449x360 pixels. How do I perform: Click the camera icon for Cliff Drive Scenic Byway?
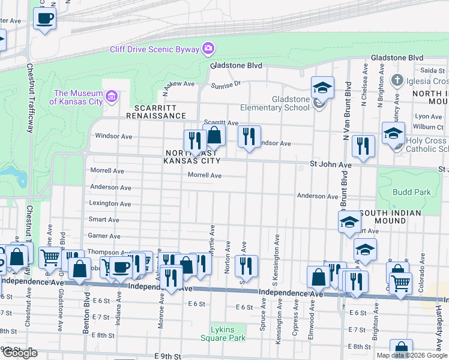208,47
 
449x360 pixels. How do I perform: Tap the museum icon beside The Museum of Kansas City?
111,97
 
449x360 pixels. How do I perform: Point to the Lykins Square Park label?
228,334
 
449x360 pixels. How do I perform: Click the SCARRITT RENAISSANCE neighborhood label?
155,115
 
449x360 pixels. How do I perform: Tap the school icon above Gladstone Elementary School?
322,88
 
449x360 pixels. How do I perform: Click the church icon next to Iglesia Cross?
396,80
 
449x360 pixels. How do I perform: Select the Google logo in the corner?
19,353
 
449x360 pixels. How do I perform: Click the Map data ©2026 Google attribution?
411,355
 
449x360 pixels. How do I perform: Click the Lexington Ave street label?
110,203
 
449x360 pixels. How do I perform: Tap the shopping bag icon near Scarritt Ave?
214,137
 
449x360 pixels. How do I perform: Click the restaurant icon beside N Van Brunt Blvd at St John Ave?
363,146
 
